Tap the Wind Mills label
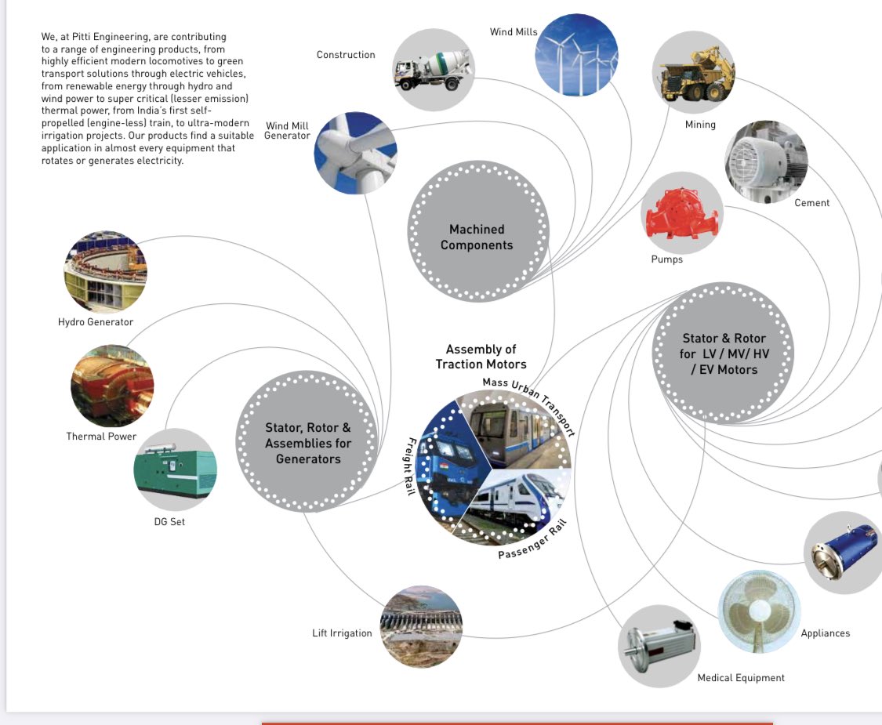(x=514, y=32)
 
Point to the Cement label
(x=811, y=203)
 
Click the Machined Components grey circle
(x=477, y=237)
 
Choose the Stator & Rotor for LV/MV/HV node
(x=724, y=354)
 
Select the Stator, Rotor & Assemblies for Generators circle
(x=307, y=443)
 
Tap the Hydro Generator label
(x=96, y=322)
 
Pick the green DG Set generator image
(x=176, y=469)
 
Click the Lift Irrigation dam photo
(x=421, y=626)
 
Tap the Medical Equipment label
(x=741, y=678)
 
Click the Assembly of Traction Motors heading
(x=481, y=357)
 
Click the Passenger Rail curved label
(x=532, y=541)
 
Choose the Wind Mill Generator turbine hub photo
(x=355, y=152)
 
